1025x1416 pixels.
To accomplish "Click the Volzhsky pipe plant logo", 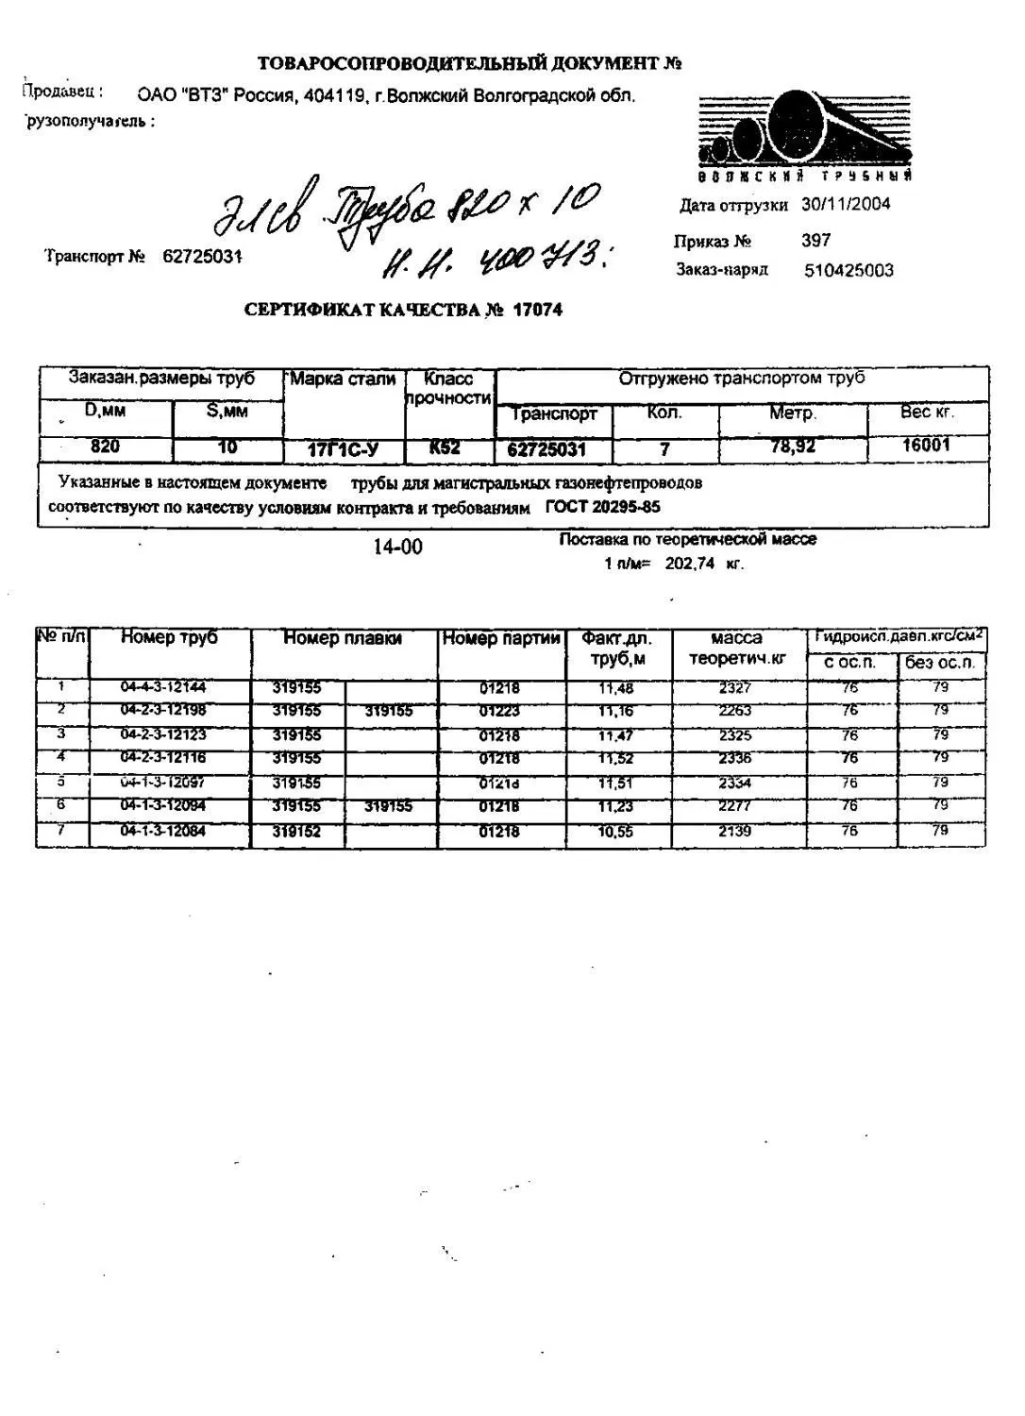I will pos(804,134).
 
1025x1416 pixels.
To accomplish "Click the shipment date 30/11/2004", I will pos(846,204).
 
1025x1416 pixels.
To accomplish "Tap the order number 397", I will pos(815,241).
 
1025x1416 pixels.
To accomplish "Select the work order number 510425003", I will pos(849,271).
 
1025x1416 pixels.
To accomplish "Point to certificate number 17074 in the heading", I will pos(537,310).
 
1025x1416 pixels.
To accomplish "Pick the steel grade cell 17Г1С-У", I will pos(344,450).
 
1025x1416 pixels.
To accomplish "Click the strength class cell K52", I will pos(445,447).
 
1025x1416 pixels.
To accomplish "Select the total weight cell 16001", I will pos(926,445).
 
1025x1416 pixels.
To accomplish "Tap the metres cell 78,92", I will pos(792,447).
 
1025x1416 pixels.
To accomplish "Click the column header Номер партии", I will pos(501,638).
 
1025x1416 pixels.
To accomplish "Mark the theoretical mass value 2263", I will pos(734,711).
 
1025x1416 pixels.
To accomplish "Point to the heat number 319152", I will pos(296,832).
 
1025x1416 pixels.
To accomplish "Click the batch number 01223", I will pos(499,711).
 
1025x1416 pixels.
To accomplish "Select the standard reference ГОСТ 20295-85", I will pos(603,507).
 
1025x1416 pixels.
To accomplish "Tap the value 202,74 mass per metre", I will pos(690,564).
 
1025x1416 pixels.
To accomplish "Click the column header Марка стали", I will pos(344,379).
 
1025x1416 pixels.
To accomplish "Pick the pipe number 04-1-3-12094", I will pos(162,805).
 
